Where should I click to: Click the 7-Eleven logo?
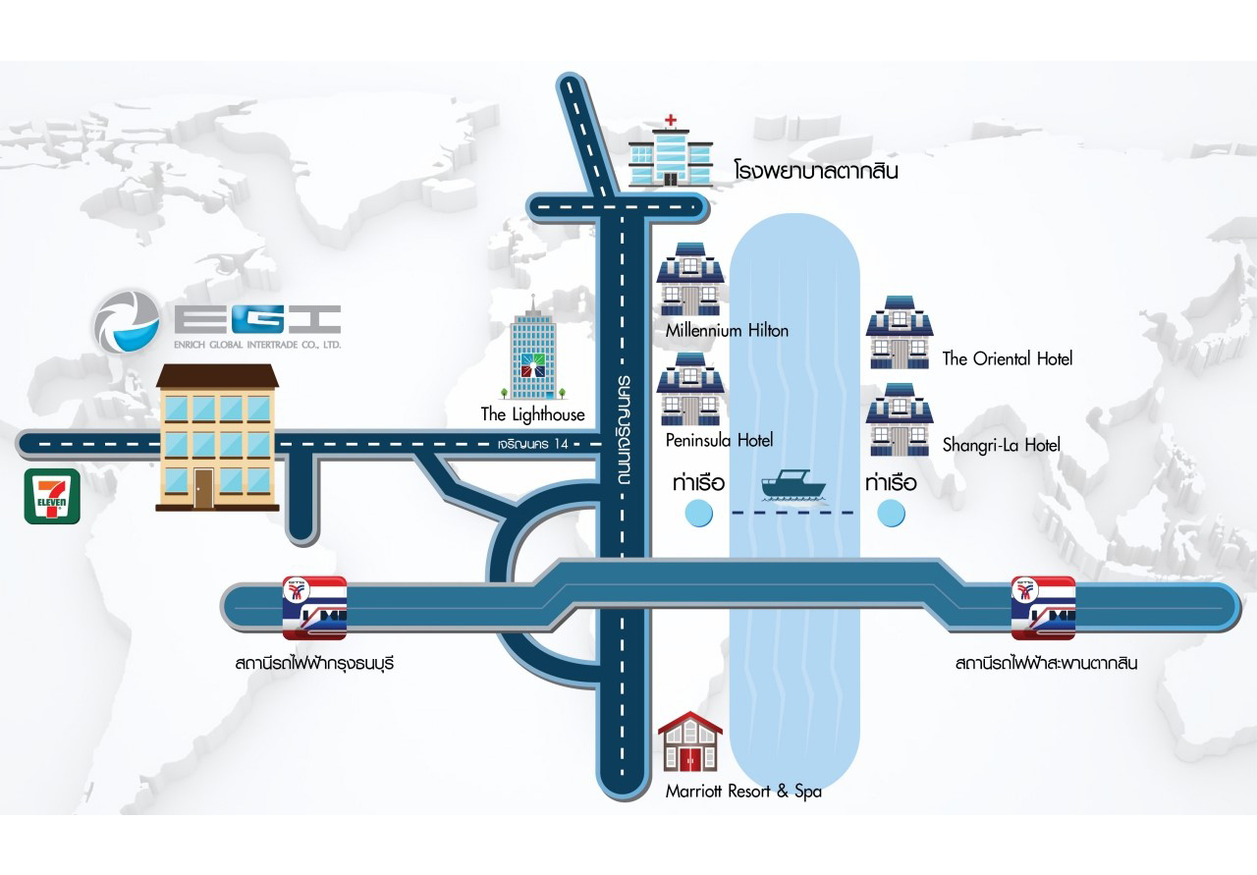52,497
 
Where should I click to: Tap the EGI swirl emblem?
127,321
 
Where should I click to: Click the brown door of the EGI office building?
203,488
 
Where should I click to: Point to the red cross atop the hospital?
671,120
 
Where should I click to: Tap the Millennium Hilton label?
727,331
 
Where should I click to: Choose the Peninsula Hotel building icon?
690,389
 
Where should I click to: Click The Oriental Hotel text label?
1008,358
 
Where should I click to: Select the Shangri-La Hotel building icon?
900,419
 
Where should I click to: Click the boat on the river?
792,485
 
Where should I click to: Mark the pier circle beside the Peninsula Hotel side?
699,514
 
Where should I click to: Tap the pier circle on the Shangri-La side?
891,514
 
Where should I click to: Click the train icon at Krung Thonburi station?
314,608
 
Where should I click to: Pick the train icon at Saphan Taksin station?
1043,608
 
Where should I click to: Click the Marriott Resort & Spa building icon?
690,741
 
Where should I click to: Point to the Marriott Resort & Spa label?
743,792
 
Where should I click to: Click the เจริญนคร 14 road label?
533,444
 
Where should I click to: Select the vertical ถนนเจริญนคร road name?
623,430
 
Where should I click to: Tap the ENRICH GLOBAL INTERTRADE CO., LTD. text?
257,345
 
